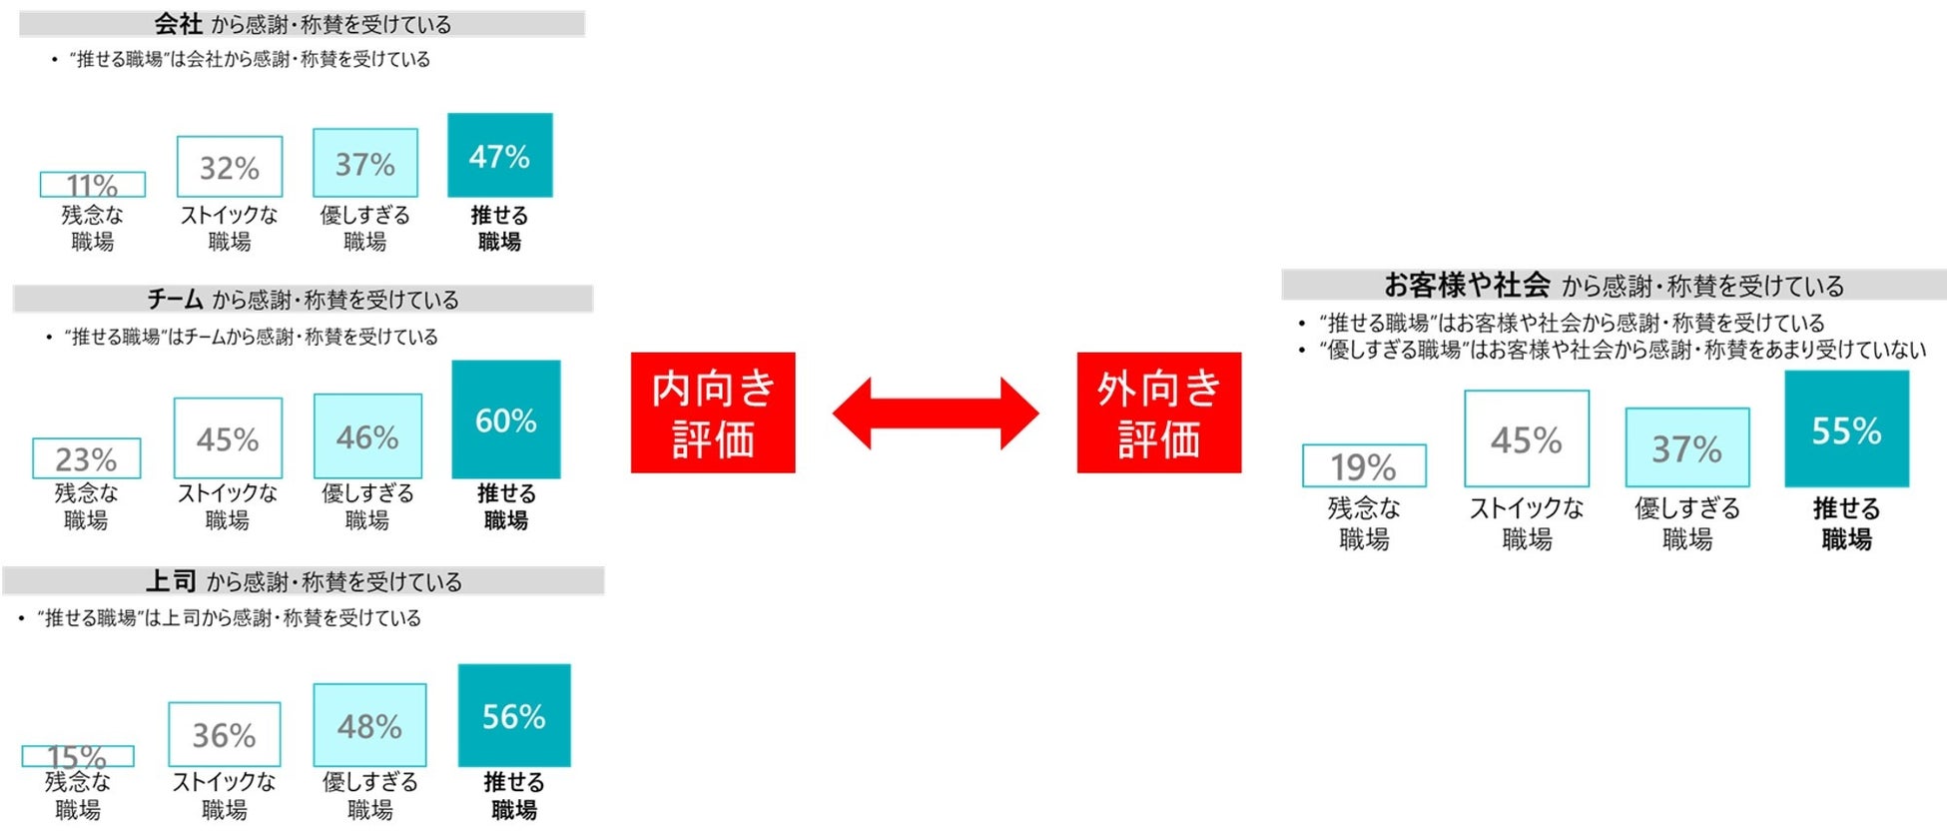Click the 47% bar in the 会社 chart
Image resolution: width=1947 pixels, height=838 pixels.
tap(499, 155)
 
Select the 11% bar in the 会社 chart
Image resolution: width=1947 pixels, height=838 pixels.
tap(92, 185)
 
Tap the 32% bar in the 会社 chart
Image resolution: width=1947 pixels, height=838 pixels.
tap(230, 167)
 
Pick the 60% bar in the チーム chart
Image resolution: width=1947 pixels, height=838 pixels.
tap(505, 419)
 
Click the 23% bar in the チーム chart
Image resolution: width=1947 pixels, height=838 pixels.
tap(86, 458)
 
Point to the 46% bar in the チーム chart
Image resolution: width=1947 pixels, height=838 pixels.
tap(367, 436)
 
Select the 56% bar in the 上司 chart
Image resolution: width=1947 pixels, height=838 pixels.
tap(514, 715)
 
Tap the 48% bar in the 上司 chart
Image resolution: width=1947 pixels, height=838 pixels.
tap(369, 725)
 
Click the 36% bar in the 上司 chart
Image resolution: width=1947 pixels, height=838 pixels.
tap(224, 734)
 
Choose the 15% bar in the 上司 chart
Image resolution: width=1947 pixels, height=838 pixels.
tap(78, 756)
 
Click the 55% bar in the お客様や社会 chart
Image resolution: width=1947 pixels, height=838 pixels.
tap(1846, 429)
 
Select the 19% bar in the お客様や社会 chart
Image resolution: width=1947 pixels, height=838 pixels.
tap(1364, 465)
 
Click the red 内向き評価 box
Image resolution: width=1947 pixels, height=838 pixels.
tap(713, 413)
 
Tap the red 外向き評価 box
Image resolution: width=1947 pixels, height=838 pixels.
tap(1158, 413)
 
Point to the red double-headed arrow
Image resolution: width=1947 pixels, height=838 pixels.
tap(936, 413)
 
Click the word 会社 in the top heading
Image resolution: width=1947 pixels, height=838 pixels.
tap(178, 23)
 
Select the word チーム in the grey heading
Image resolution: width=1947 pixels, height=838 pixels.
tap(175, 299)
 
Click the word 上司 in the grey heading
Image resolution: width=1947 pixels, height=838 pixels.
tap(170, 580)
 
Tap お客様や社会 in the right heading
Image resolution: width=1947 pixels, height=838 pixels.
tap(1466, 285)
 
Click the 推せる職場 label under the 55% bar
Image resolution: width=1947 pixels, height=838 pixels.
tap(1846, 523)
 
